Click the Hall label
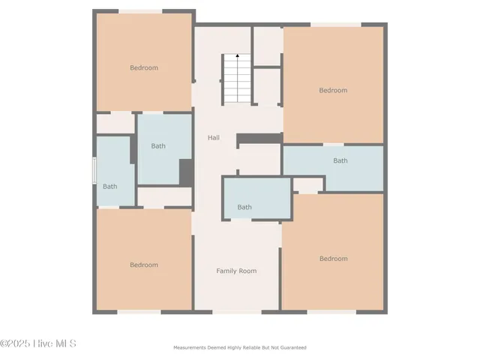point(214,138)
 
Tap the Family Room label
point(236,271)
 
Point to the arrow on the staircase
point(238,56)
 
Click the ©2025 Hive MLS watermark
point(38,344)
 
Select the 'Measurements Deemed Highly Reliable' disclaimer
point(240,348)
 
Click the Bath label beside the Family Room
point(244,207)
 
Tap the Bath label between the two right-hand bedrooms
point(340,160)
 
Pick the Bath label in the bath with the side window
point(110,187)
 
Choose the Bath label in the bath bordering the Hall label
point(158,146)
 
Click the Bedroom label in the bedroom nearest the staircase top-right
point(333,91)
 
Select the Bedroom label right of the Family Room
point(333,259)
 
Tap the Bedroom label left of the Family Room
point(143,265)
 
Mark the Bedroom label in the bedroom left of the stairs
point(144,68)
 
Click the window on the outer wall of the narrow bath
point(94,171)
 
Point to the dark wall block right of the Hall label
point(259,139)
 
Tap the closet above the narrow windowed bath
point(115,123)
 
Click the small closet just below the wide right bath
point(307,184)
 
